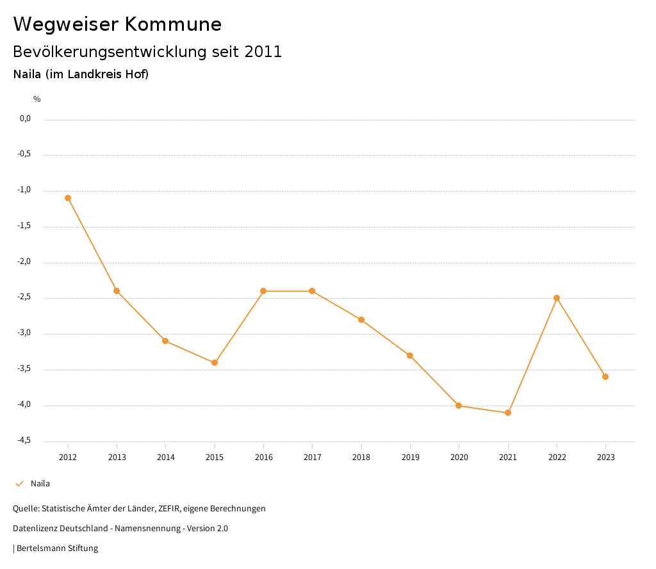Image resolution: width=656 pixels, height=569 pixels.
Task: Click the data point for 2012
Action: tap(68, 198)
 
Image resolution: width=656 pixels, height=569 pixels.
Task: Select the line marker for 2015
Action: tap(215, 363)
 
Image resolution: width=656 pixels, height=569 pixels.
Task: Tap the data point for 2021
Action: tap(508, 413)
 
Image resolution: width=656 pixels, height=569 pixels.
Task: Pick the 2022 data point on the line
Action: tap(557, 298)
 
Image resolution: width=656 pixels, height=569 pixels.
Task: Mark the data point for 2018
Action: tap(361, 320)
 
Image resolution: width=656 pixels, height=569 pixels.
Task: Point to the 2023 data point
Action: tap(605, 377)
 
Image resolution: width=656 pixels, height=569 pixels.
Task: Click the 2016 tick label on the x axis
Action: tap(263, 458)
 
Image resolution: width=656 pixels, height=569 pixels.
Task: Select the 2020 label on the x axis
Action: tap(459, 458)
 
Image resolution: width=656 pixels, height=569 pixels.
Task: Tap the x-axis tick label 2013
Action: tap(117, 458)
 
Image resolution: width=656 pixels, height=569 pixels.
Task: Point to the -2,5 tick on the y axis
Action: tap(24, 297)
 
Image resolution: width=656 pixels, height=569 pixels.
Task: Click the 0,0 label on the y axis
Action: tap(25, 119)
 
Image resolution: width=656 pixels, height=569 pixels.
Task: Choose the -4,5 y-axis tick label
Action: tap(24, 441)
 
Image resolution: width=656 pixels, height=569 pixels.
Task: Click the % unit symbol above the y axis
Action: tap(37, 99)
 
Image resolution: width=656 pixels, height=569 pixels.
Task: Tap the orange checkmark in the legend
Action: tap(19, 484)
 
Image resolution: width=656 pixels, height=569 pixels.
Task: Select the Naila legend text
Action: tap(40, 484)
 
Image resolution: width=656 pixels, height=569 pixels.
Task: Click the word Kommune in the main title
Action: tap(173, 24)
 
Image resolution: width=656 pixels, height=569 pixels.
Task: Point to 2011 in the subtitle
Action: tap(263, 52)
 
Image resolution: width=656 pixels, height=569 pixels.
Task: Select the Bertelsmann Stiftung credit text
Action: tap(57, 548)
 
